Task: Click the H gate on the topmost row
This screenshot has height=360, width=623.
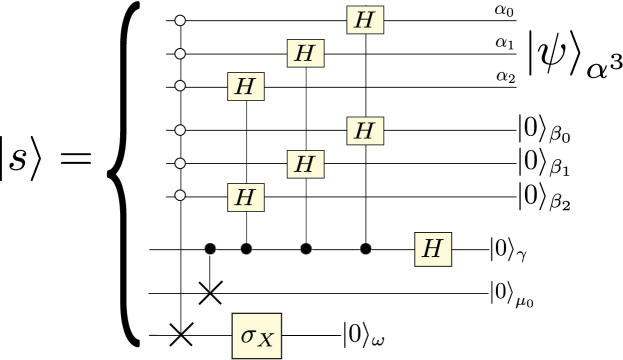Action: pos(365,20)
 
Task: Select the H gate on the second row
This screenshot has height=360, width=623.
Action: pos(305,53)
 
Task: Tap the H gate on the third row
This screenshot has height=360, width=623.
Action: pos(245,86)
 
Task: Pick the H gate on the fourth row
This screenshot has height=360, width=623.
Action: pos(365,130)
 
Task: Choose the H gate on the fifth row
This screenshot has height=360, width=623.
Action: pos(305,163)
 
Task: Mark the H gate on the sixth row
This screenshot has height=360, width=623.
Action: pos(245,197)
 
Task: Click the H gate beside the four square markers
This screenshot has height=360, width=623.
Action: pos(433,249)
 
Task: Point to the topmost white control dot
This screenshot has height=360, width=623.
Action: pos(180,20)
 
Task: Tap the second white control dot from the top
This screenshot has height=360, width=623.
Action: pos(180,53)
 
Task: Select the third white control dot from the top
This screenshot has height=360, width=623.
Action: pos(180,86)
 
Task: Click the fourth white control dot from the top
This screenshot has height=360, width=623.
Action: pos(180,130)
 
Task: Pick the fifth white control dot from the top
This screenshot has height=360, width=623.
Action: pos(180,163)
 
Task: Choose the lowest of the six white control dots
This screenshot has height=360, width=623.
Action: pos(180,196)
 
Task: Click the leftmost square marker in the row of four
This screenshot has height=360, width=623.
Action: pos(211,249)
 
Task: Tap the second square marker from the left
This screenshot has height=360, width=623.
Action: pos(246,249)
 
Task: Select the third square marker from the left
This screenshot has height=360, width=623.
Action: pos(306,249)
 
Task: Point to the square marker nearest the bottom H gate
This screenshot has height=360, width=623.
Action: pos(366,249)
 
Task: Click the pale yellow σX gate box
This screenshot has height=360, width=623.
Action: pos(256,335)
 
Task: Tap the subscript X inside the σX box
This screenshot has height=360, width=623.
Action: pos(265,340)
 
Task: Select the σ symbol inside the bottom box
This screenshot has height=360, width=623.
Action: pos(248,334)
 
